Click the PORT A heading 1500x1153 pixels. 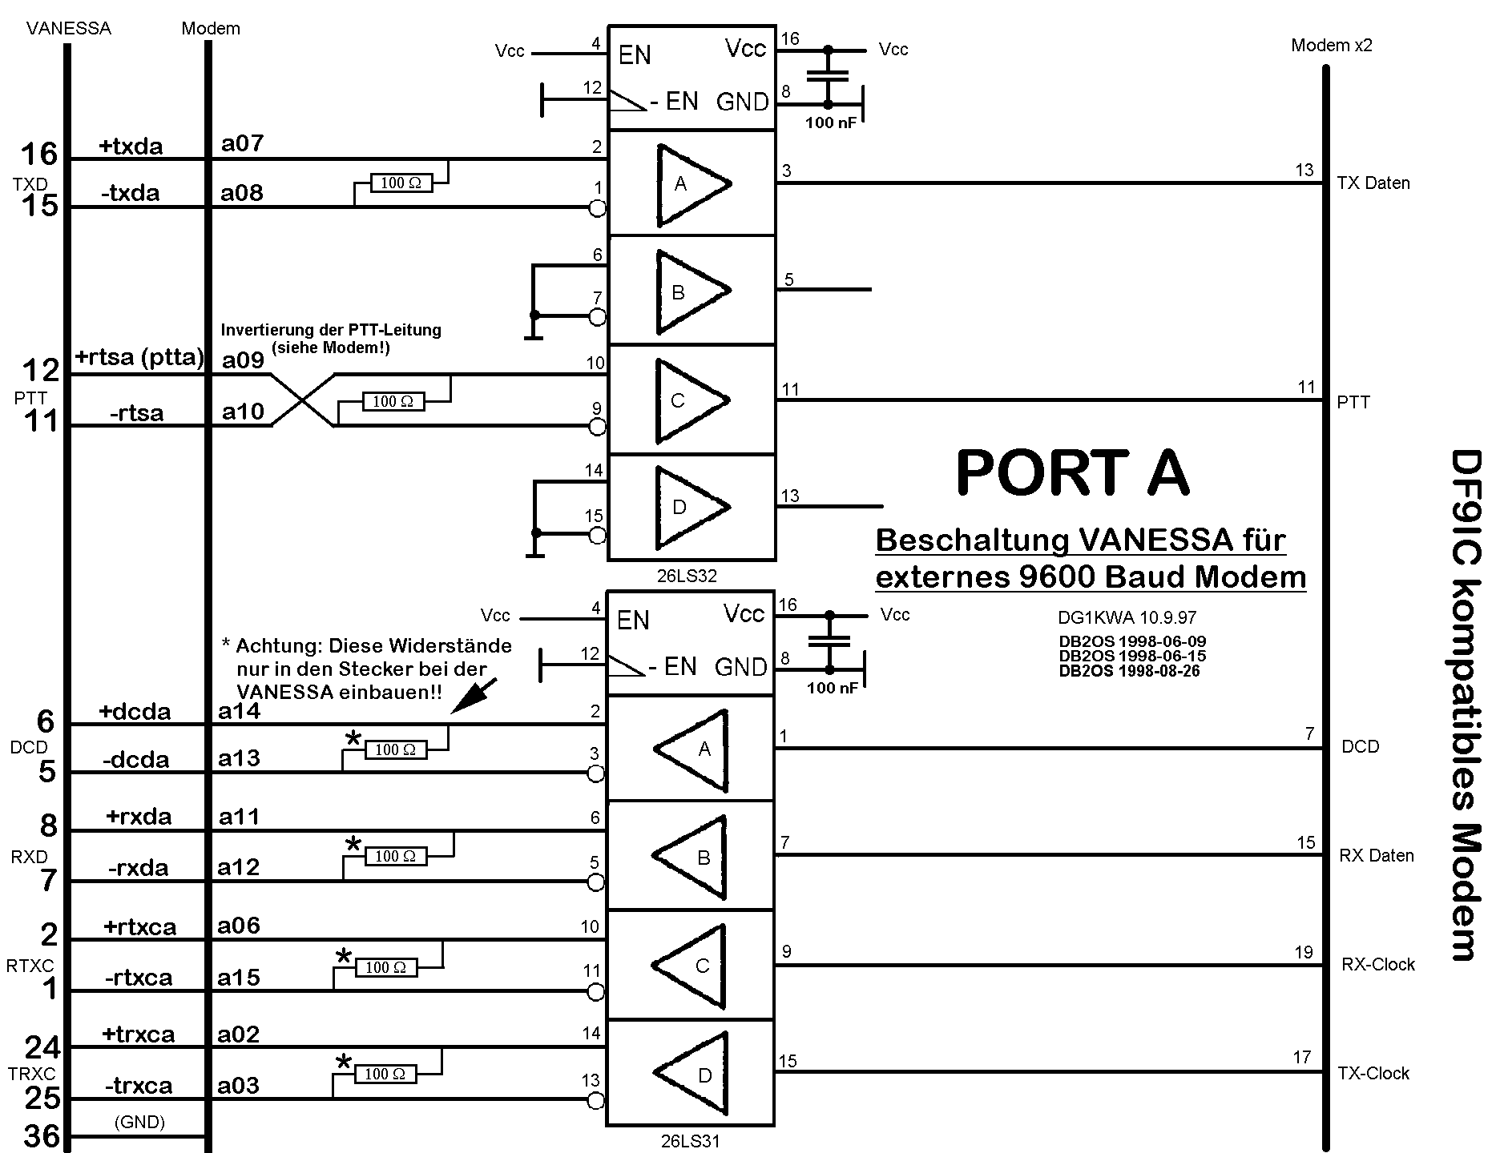pyautogui.click(x=1071, y=472)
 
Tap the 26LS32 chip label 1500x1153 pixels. pyautogui.click(x=687, y=576)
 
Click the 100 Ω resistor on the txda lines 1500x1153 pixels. pyautogui.click(x=401, y=183)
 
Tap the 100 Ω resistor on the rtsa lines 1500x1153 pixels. pyautogui.click(x=393, y=401)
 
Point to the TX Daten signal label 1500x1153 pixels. pyautogui.click(x=1373, y=183)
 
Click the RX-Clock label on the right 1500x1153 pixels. pyautogui.click(x=1378, y=965)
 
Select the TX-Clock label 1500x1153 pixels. pyautogui.click(x=1373, y=1074)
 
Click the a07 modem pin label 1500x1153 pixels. pyautogui.click(x=243, y=144)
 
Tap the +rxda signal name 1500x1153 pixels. pyautogui.click(x=139, y=817)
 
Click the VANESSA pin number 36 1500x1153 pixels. pyautogui.click(x=42, y=1136)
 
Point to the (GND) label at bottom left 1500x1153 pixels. pyautogui.click(x=139, y=1123)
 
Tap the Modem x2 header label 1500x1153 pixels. pyautogui.click(x=1332, y=46)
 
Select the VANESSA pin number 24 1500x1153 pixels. pyautogui.click(x=42, y=1047)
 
